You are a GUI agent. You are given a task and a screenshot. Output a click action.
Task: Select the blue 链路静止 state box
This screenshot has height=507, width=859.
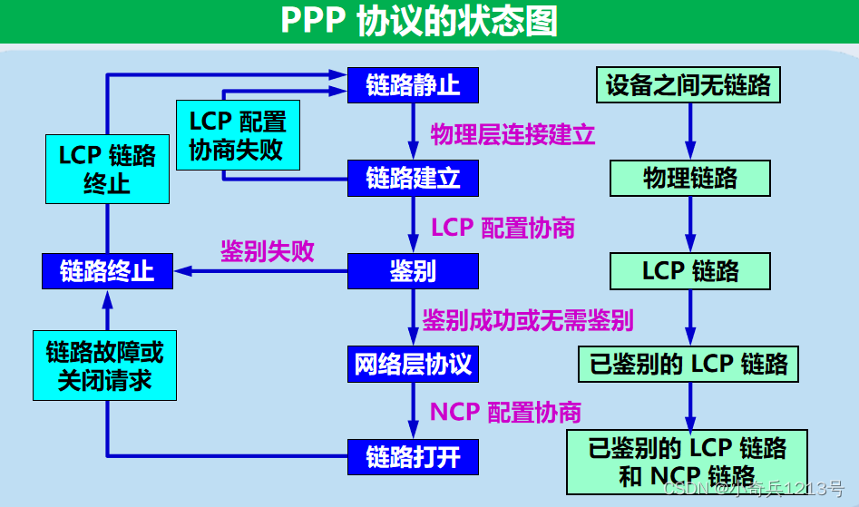pos(413,85)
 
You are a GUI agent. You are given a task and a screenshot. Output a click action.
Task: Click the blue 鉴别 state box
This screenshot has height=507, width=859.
pos(413,270)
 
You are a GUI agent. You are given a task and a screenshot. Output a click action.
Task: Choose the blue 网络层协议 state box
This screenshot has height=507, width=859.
pos(413,365)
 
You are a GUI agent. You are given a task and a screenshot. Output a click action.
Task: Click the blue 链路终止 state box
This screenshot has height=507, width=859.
pos(107,270)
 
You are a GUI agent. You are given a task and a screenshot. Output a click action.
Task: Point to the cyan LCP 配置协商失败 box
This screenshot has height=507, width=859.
pos(237,135)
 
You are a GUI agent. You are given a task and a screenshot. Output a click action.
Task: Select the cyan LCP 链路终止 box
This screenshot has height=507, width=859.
pos(107,169)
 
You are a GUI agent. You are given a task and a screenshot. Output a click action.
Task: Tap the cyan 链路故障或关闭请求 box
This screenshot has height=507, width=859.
pos(105,366)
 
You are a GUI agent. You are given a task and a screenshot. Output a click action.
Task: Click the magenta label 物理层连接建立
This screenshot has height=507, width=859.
pos(512,135)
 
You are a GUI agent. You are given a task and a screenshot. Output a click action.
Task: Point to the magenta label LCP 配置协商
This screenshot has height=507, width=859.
pos(503,227)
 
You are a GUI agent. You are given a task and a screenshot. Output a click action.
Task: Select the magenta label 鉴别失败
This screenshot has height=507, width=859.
pos(268,251)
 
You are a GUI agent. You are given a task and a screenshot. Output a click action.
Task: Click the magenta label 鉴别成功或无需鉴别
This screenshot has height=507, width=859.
pos(527,319)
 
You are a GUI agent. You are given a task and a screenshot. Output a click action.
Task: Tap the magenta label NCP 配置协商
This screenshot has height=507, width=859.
pos(505,412)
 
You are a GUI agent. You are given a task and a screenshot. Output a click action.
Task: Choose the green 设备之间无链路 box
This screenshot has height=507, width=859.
pos(688,85)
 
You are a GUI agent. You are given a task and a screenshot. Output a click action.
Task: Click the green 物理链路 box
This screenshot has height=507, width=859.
pos(690,179)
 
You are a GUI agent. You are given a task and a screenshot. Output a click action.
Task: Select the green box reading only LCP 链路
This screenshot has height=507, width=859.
pos(690,271)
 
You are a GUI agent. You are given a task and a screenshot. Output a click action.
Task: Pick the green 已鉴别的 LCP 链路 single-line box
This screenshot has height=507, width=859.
pos(688,365)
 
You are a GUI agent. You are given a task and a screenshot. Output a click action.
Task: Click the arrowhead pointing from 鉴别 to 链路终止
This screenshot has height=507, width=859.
pos(182,270)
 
